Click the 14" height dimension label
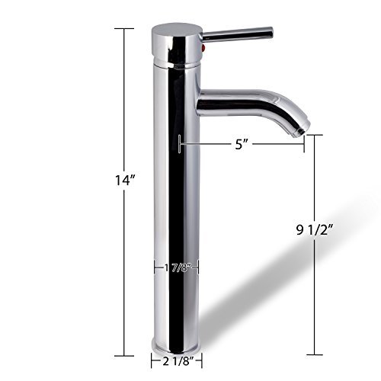tap(125, 181)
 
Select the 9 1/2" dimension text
tap(315, 230)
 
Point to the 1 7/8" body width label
tap(178, 267)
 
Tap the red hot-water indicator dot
tap(203, 48)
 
